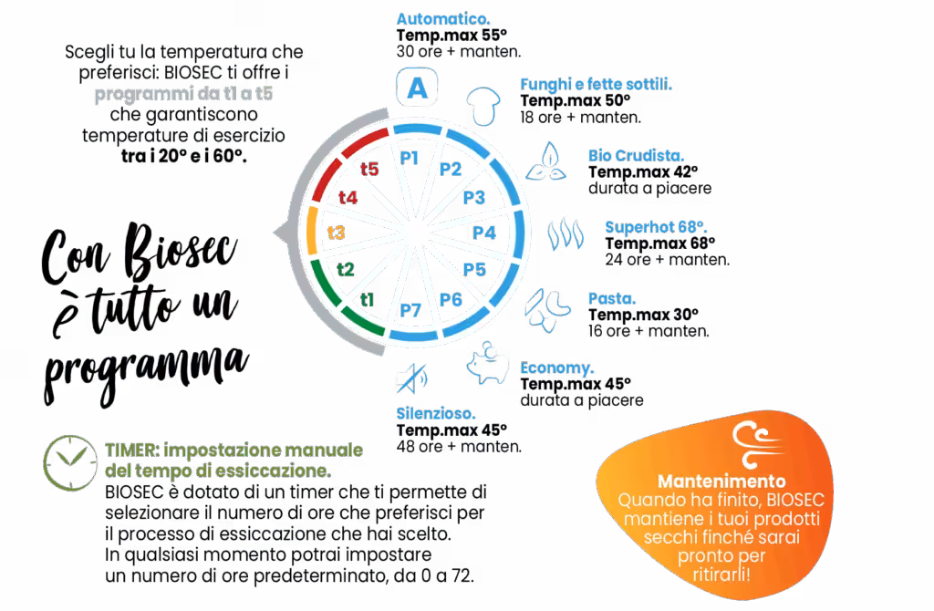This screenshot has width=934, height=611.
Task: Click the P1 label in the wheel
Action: pyautogui.click(x=410, y=158)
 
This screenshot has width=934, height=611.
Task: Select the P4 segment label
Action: pyautogui.click(x=484, y=233)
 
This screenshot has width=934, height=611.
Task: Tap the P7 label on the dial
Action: pyautogui.click(x=410, y=310)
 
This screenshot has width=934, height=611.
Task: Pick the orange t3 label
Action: pyautogui.click(x=337, y=233)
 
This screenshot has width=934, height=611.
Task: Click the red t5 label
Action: pyautogui.click(x=369, y=169)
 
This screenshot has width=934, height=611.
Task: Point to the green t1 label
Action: pyautogui.click(x=367, y=299)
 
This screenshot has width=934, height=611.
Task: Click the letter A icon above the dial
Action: pyautogui.click(x=417, y=88)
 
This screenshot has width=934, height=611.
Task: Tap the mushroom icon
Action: pyautogui.click(x=483, y=106)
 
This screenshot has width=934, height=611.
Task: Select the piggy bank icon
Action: pyautogui.click(x=487, y=363)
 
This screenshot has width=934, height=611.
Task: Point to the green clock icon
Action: pyautogui.click(x=70, y=462)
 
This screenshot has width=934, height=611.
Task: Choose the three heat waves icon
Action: pyautogui.click(x=566, y=234)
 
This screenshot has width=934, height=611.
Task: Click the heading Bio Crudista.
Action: pyautogui.click(x=636, y=155)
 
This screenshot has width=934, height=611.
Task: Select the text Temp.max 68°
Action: pyautogui.click(x=660, y=243)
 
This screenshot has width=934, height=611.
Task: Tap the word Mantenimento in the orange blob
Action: pyautogui.click(x=721, y=481)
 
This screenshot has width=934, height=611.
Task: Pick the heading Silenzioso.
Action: pyautogui.click(x=436, y=413)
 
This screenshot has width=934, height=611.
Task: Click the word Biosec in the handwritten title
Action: pyautogui.click(x=180, y=250)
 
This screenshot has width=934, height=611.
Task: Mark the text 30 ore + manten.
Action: pyautogui.click(x=459, y=52)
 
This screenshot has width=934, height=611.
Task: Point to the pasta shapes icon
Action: pyautogui.click(x=547, y=310)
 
